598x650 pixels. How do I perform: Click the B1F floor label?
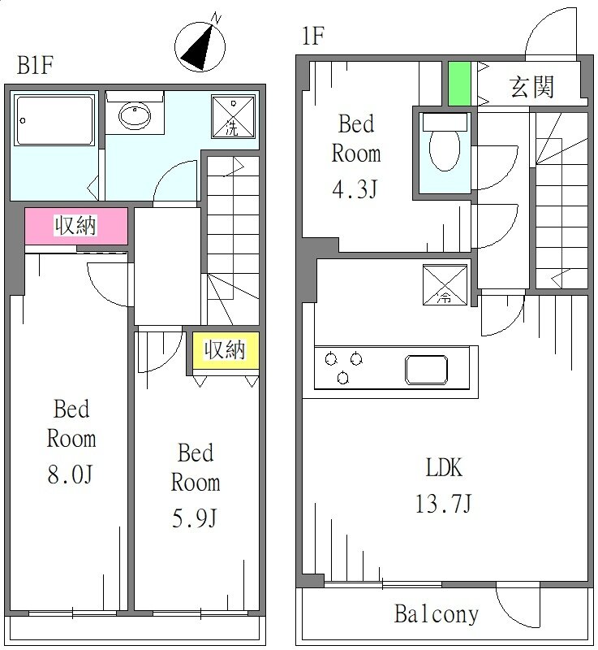click(x=35, y=65)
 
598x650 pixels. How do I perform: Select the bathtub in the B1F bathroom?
click(x=54, y=120)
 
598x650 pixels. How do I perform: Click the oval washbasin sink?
click(x=135, y=115)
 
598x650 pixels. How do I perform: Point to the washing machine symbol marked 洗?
click(x=233, y=116)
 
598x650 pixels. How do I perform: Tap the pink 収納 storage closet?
click(x=76, y=226)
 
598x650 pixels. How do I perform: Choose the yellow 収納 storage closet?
click(x=226, y=350)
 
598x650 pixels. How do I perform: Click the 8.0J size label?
click(x=70, y=474)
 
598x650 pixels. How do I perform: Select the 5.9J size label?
click(x=195, y=518)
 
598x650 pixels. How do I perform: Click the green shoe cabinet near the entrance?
click(x=459, y=84)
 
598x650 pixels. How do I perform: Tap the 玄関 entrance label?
click(x=531, y=87)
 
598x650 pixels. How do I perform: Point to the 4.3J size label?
click(x=355, y=189)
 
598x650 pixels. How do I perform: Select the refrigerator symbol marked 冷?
click(x=445, y=285)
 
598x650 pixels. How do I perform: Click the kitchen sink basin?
click(x=426, y=370)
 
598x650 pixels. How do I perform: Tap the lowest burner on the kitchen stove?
click(x=342, y=378)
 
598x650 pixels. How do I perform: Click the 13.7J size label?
click(x=443, y=504)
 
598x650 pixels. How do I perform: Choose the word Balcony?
click(x=437, y=614)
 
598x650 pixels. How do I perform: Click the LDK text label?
click(x=444, y=468)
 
